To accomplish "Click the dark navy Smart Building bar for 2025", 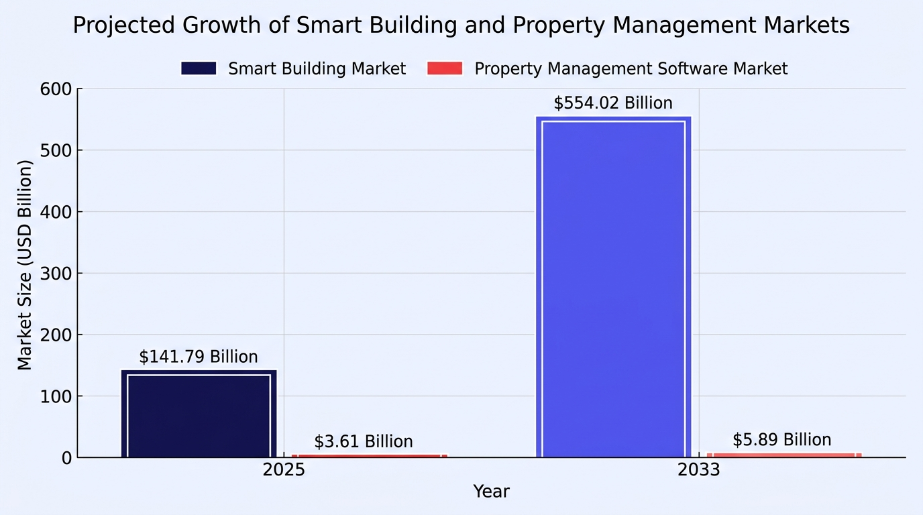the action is (x=199, y=414).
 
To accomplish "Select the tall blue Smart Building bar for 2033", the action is (x=614, y=287).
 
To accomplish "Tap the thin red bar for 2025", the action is (x=370, y=456).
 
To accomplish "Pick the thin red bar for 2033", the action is (x=784, y=455).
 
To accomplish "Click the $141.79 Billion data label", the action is (x=198, y=357).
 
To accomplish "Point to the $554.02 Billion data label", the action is (x=613, y=103).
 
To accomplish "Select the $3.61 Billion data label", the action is (x=364, y=442).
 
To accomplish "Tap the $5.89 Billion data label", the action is (x=781, y=440).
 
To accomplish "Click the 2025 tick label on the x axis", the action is (x=284, y=470).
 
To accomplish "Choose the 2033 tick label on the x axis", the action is (x=699, y=470).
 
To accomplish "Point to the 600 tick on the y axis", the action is (x=56, y=89).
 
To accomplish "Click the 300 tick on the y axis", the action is (x=56, y=274).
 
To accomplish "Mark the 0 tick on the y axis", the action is (x=67, y=458).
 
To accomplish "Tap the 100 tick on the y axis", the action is (x=56, y=396).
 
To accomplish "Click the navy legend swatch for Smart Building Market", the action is (x=199, y=68).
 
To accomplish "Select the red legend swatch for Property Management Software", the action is (x=445, y=68).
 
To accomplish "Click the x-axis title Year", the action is (x=491, y=492).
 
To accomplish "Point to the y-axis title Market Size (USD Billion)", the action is (x=25, y=265).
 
